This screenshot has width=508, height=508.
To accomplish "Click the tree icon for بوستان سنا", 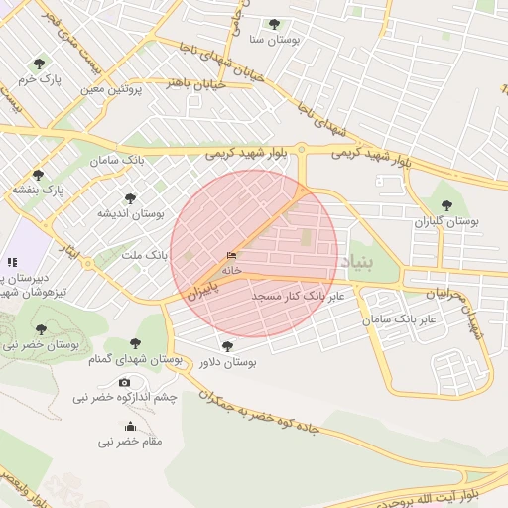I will pos(274,24).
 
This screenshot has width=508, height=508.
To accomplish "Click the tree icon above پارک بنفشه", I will pos(38,175).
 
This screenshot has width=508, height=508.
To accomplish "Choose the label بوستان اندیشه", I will pos(129,213).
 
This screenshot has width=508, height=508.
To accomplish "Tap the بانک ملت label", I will pos(144,255).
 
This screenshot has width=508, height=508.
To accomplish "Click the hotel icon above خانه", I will pos(231,255).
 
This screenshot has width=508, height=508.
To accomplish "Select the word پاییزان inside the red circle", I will pos(201,291).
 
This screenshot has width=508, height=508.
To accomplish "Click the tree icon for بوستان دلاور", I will pos(228,346).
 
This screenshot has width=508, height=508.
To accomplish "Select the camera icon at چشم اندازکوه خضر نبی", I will pos(124,382).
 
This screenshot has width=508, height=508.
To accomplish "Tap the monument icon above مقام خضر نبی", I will pos(129,427).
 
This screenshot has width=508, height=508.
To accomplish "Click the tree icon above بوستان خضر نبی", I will pos(41,329).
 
